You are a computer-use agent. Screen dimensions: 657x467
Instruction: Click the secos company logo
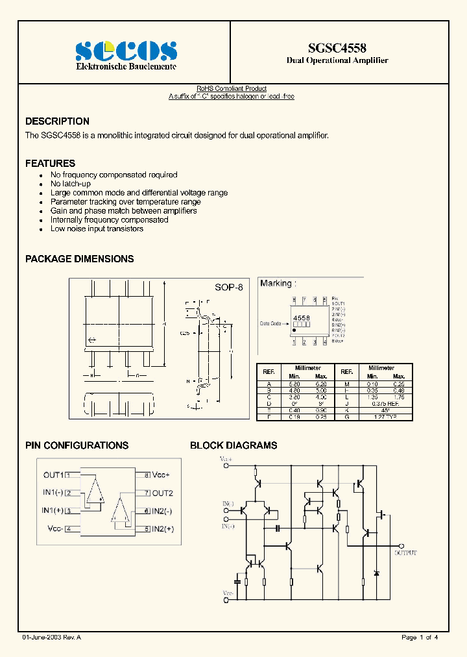[x=126, y=51]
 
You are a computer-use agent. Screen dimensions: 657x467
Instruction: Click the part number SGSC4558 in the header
[x=337, y=48]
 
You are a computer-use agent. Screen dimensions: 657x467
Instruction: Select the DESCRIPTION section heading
[x=57, y=121]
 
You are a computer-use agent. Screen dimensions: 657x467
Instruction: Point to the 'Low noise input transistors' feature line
[x=97, y=229]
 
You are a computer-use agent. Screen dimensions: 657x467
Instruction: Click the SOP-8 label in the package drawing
[x=228, y=287]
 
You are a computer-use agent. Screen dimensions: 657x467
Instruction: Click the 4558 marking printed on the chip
[x=302, y=317]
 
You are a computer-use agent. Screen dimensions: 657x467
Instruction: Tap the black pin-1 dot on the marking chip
[x=294, y=330]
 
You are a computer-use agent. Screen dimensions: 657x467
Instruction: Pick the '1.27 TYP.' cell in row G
[x=385, y=417]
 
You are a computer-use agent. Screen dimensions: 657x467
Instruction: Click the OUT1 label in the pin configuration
[x=53, y=475]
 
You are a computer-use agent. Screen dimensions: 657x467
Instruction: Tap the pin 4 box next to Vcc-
[x=68, y=529]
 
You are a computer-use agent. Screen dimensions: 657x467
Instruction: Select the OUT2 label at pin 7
[x=163, y=493]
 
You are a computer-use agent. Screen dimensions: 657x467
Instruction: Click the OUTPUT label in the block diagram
[x=406, y=552]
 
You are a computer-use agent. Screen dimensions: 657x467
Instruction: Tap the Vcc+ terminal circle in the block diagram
[x=226, y=465]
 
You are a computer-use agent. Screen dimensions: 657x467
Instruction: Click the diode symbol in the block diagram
[x=377, y=574]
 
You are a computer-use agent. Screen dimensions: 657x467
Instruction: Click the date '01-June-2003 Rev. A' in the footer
[x=51, y=638]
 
